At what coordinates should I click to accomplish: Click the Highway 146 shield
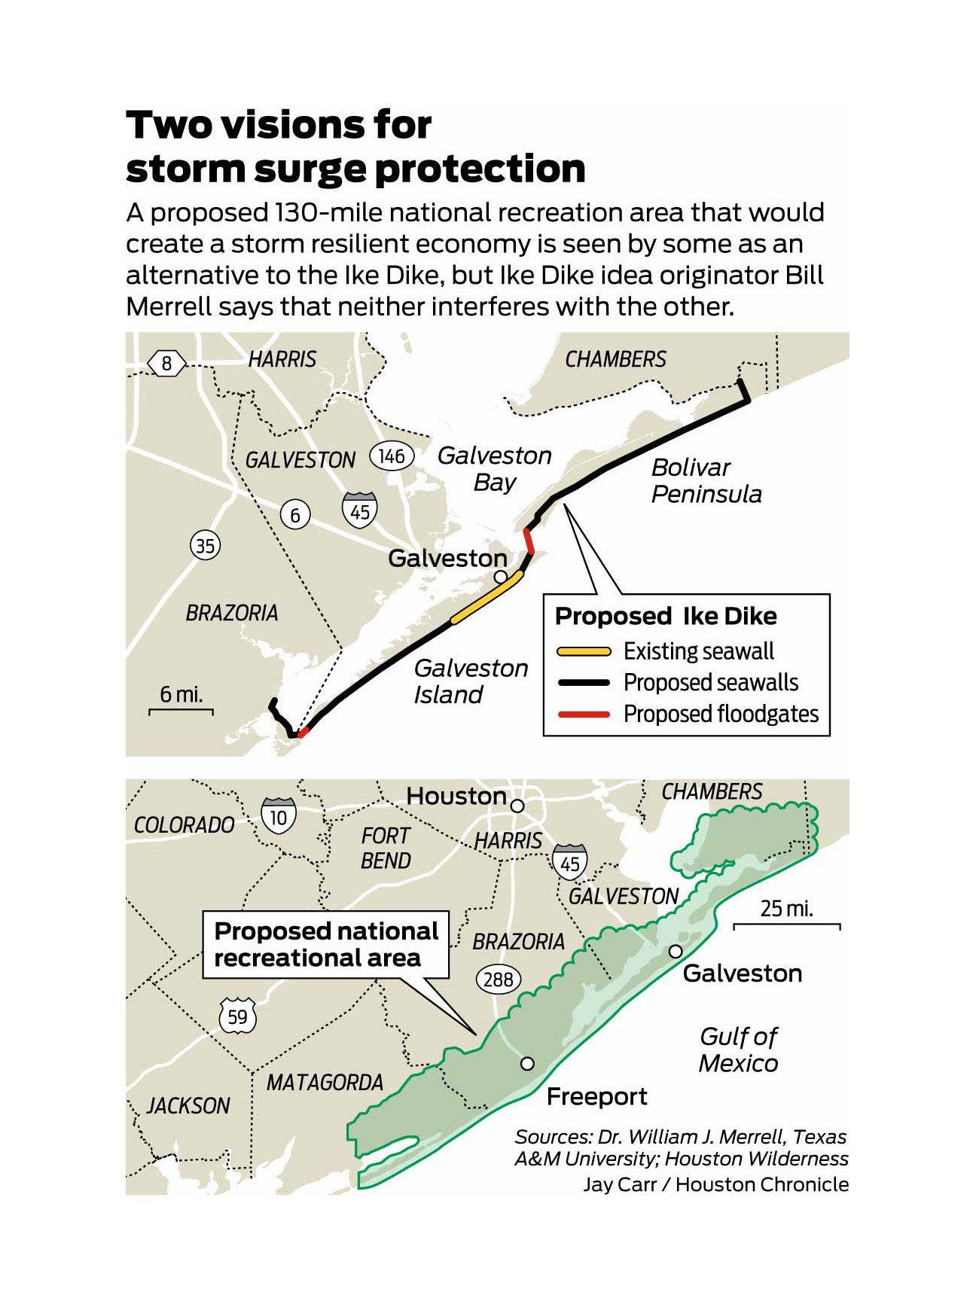(392, 456)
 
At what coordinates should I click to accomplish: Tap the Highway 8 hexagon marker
(166, 364)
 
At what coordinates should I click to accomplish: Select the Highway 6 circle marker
(295, 515)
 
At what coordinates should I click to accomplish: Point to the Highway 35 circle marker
(205, 545)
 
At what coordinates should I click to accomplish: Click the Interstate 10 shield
(279, 816)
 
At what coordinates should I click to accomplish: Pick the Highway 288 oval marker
(499, 980)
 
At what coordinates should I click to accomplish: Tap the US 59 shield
(237, 1016)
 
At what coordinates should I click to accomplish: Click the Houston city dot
(517, 806)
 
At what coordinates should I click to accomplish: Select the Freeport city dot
(527, 1063)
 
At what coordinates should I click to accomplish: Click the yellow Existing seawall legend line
(584, 651)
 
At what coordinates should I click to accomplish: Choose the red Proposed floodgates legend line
(584, 714)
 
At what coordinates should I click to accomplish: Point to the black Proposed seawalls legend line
(584, 683)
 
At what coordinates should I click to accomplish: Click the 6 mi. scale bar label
(181, 694)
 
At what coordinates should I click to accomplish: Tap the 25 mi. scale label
(787, 909)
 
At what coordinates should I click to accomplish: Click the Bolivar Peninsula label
(706, 481)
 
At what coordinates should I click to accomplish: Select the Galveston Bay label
(495, 468)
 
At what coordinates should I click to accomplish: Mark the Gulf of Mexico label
(738, 1050)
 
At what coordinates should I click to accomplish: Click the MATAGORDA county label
(325, 1083)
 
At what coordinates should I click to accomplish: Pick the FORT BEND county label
(386, 848)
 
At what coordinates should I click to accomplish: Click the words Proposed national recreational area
(325, 944)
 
